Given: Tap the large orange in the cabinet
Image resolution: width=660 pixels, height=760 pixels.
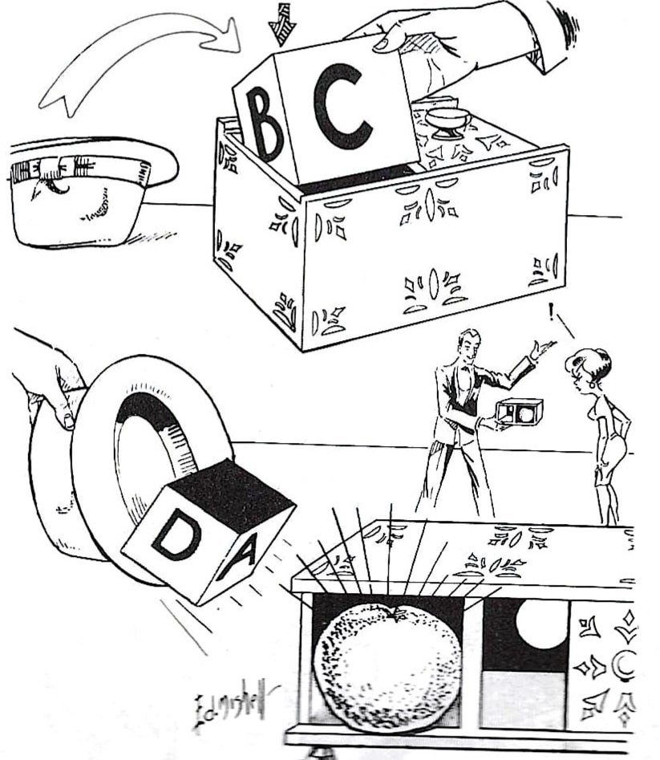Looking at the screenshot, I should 387,666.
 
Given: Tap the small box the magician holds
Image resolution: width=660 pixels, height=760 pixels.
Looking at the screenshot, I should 519,412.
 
